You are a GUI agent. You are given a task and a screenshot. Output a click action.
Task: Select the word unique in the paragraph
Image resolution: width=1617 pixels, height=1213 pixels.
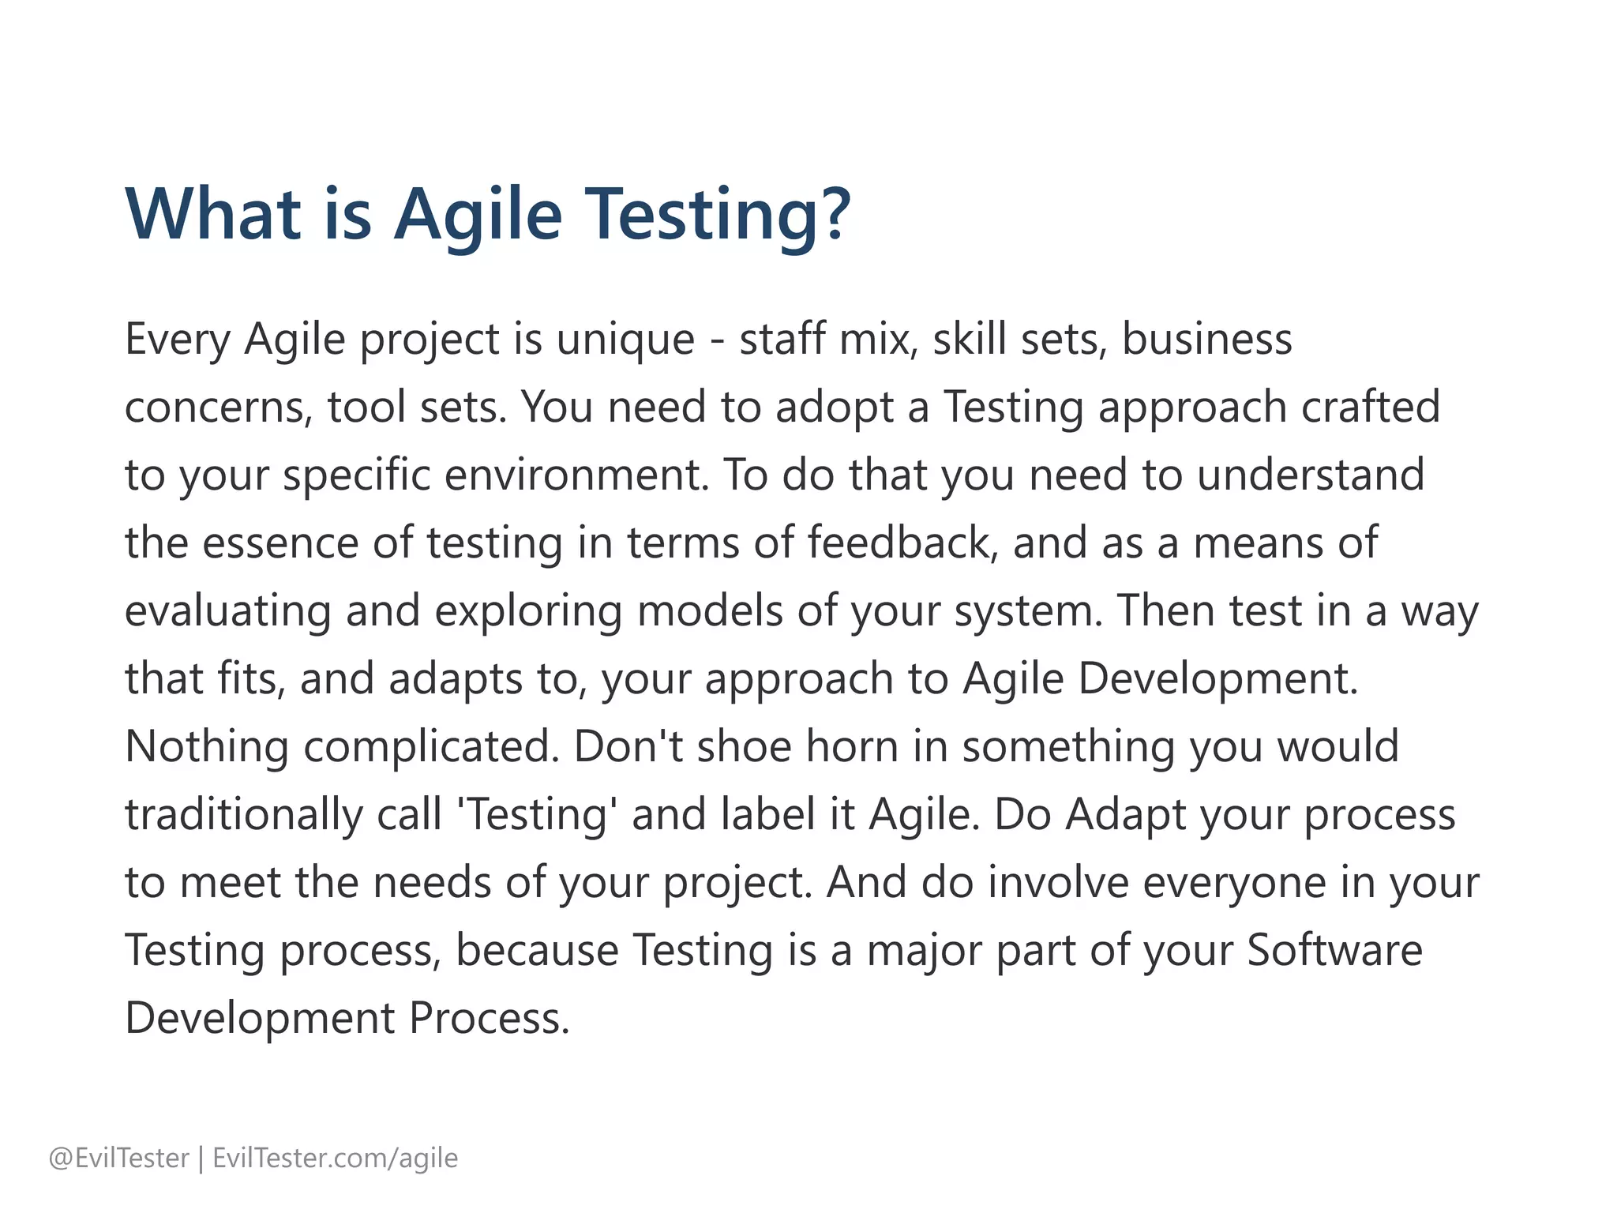pos(625,340)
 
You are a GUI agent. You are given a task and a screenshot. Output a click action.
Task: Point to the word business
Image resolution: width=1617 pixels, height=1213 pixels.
pos(1206,340)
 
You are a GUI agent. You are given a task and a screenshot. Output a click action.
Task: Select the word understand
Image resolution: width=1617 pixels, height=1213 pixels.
pos(1311,475)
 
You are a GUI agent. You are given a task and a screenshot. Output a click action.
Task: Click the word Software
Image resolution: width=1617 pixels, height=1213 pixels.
pos(1334,951)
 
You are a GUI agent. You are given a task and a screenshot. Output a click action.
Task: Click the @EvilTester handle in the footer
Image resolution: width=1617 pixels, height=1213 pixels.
pos(119,1159)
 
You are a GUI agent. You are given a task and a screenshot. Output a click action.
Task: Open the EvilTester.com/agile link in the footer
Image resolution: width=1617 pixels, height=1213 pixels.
pos(336,1159)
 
